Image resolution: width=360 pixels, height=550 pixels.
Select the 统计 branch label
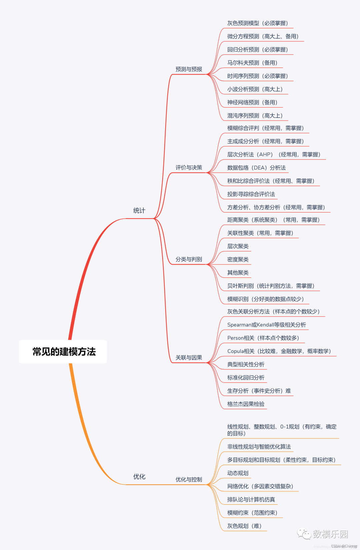pyautogui.click(x=139, y=211)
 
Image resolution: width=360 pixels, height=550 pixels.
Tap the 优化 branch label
pyautogui.click(x=139, y=477)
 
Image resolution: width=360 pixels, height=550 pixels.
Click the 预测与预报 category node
pyautogui.click(x=189, y=69)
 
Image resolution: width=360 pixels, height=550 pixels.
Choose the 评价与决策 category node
pyautogui.click(x=189, y=168)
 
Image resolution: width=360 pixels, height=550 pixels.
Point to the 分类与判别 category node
pyautogui.click(x=189, y=259)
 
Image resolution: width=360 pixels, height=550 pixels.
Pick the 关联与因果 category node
pyautogui.click(x=189, y=357)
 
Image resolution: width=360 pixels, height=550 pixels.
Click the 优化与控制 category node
pyautogui.click(x=189, y=479)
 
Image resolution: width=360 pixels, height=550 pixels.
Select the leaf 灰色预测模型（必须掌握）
pyautogui.click(x=257, y=23)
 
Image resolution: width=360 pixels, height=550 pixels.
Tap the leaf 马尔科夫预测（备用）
pyautogui.click(x=252, y=63)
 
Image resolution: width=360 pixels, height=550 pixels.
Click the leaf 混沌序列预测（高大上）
pyautogui.click(x=255, y=116)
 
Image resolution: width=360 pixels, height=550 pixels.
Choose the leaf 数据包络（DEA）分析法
pyautogui.click(x=256, y=168)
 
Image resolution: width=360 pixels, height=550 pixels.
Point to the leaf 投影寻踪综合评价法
pyautogui.click(x=251, y=194)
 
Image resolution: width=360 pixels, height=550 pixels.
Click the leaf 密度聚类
pyautogui.click(x=238, y=260)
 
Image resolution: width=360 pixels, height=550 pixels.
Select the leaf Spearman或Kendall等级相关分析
pyautogui.click(x=266, y=325)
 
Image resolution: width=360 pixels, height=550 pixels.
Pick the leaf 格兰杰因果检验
pyautogui.click(x=246, y=404)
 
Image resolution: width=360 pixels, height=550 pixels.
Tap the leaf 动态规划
pyautogui.click(x=238, y=473)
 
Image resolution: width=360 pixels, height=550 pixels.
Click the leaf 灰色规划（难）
pyautogui.click(x=244, y=526)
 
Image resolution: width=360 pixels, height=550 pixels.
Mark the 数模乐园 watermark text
pyautogui.click(x=330, y=534)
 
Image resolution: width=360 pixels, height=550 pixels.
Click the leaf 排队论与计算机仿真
pyautogui.click(x=251, y=499)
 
